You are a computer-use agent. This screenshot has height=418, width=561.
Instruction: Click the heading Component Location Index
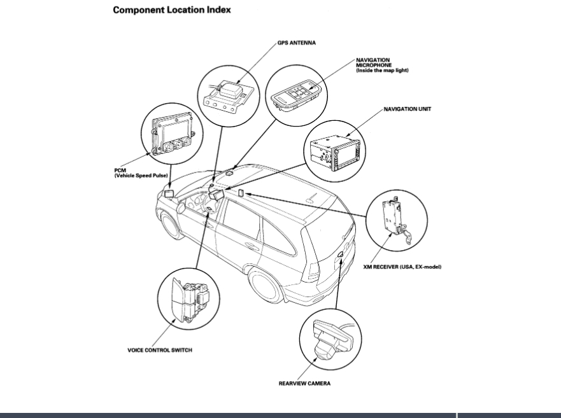pyautogui.click(x=171, y=10)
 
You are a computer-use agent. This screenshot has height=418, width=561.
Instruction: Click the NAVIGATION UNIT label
pyautogui.click(x=407, y=109)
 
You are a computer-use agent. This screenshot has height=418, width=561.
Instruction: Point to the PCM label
pyautogui.click(x=120, y=170)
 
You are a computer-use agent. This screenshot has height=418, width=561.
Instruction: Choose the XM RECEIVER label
pyautogui.click(x=406, y=267)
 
